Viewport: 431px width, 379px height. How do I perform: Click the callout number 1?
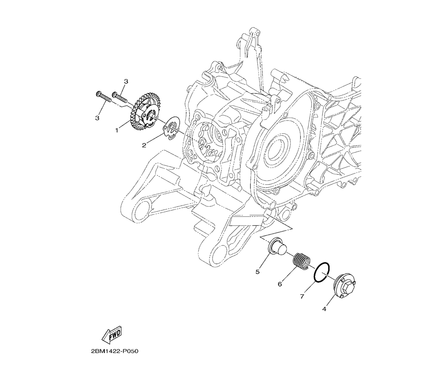coord(117,130)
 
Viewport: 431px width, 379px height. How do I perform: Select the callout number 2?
coord(144,145)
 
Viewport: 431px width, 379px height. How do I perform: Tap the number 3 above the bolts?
coord(126,81)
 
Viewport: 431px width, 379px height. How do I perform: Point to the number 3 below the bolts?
coord(97,118)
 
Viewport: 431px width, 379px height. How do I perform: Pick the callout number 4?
coord(324,309)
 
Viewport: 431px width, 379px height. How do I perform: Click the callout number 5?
coord(258,272)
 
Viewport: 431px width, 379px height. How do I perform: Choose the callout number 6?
coord(280,284)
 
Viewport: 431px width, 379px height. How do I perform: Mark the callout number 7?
coord(302,297)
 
